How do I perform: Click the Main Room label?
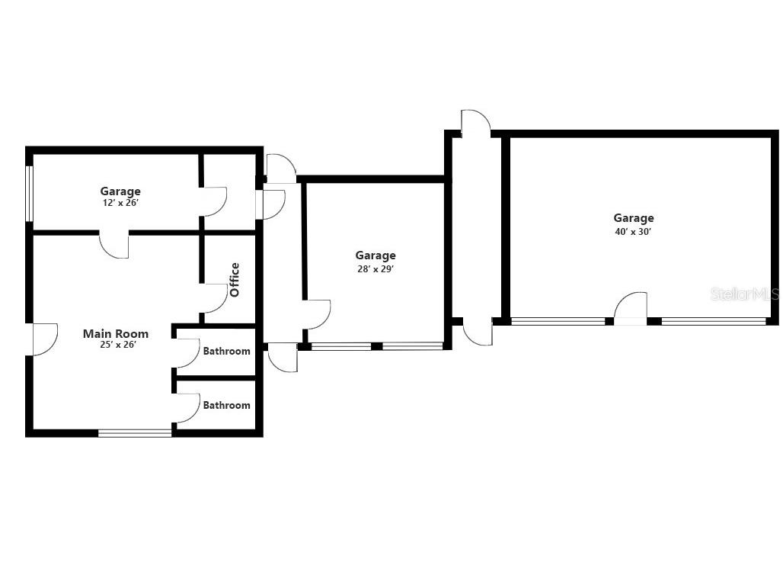[x=116, y=333]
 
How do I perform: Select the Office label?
[x=235, y=280]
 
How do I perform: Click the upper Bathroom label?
[x=226, y=352]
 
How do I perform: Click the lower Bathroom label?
[x=226, y=406]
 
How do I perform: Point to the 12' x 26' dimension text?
[x=120, y=204]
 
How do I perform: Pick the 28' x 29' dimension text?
[x=376, y=268]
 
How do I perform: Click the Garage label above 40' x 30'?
[x=634, y=218]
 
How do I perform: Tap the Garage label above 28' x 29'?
[x=376, y=255]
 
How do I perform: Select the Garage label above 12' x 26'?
[x=120, y=191]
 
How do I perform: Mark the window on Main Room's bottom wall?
[x=135, y=433]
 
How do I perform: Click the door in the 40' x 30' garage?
[x=631, y=309]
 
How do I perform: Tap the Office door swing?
[x=215, y=298]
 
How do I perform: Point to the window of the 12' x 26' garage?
[x=29, y=194]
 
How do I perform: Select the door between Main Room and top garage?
[x=114, y=245]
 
